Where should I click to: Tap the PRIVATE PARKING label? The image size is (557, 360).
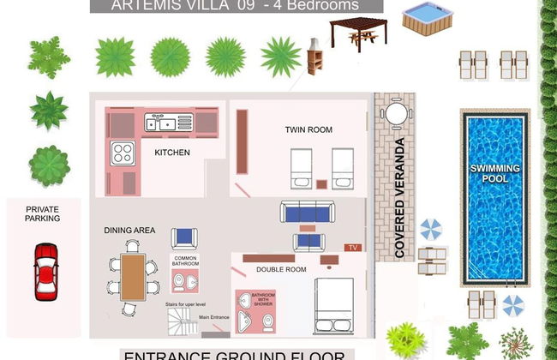click(43, 213)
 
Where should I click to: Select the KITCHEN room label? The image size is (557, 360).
click(172, 153)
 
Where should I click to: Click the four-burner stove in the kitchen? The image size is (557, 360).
click(123, 153)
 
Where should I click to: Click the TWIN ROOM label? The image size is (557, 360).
click(308, 130)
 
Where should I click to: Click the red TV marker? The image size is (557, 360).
click(351, 248)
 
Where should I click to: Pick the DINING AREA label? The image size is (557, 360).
click(129, 231)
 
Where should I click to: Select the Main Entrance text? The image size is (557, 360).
click(214, 318)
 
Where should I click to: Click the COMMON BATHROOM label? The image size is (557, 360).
click(186, 261)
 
